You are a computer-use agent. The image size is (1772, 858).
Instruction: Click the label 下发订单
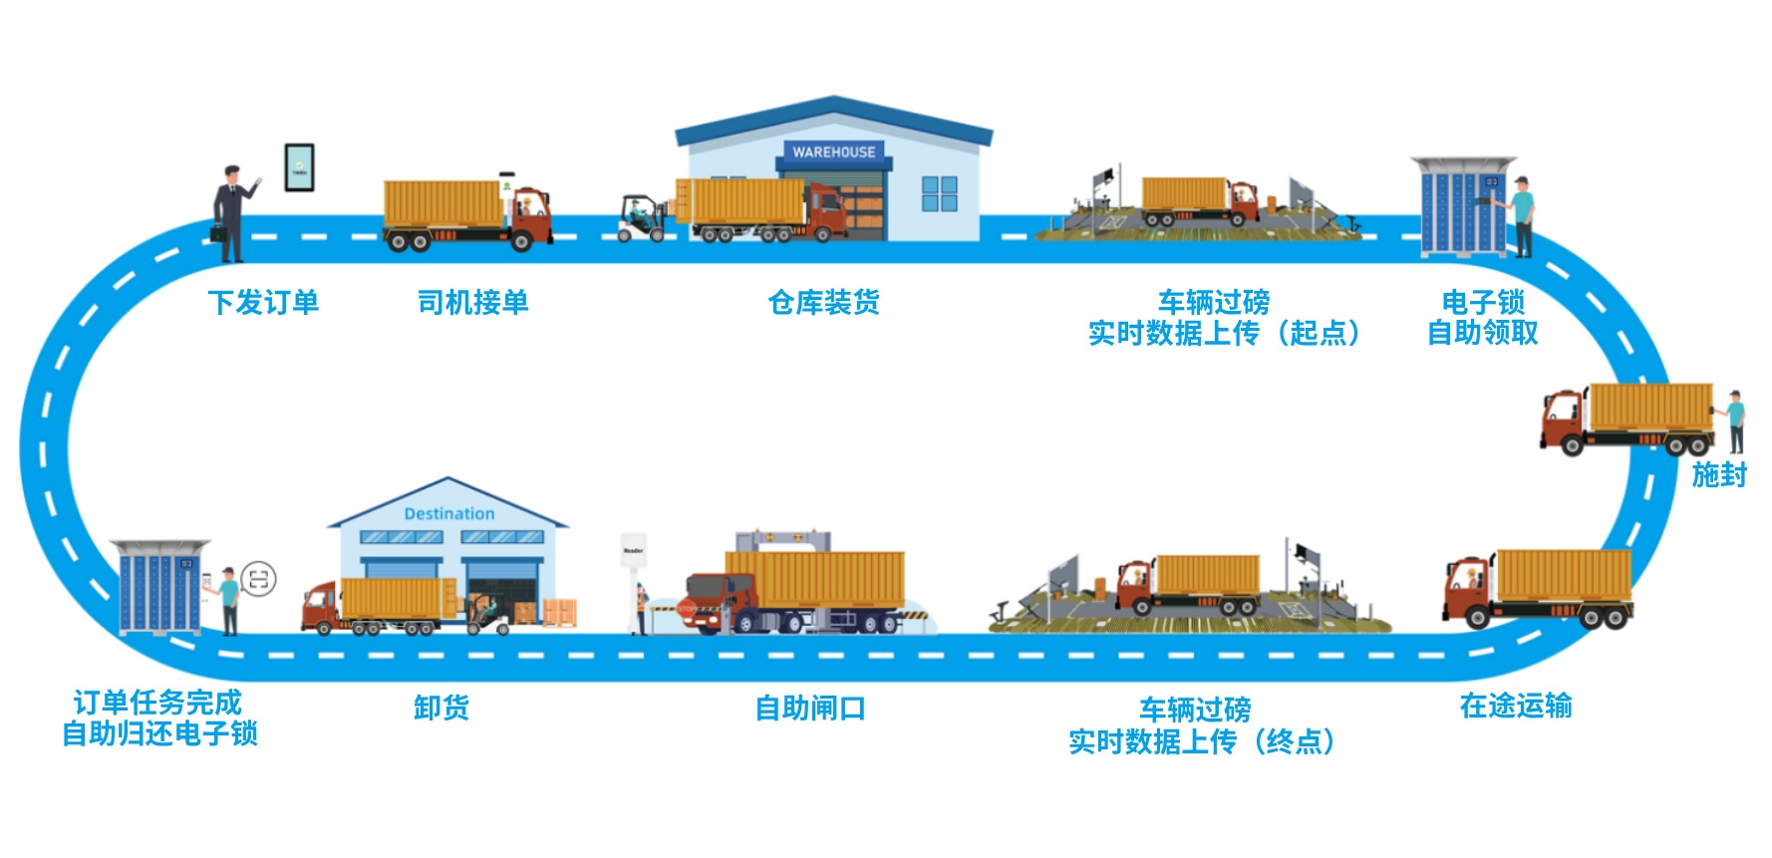coord(263,302)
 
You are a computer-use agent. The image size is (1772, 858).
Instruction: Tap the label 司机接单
coord(472,302)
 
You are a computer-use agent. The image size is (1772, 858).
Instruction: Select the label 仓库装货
coord(823,302)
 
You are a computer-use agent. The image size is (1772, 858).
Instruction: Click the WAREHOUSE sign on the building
coord(834,152)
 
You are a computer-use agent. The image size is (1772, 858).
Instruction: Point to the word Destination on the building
coord(449,514)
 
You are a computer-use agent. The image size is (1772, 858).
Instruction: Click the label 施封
coord(1719,474)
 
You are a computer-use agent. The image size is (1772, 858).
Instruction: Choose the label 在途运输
coord(1516,706)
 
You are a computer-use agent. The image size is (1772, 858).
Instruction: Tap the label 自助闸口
coord(810,709)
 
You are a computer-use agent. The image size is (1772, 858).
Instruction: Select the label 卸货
coord(442,708)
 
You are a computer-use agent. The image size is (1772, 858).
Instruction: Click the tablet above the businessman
coord(300,167)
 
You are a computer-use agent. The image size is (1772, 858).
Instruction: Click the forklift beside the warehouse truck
coord(643,218)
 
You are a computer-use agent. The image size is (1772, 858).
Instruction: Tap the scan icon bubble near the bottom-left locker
coord(258,579)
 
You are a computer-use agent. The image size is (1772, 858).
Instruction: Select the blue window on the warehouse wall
coord(939,194)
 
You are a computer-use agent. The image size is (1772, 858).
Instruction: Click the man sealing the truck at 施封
coord(1735,423)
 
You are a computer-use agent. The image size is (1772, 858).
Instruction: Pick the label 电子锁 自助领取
coord(1483,317)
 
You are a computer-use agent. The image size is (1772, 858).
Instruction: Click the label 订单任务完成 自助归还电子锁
coord(159,717)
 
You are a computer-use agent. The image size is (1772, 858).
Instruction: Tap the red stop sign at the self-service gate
coord(687,607)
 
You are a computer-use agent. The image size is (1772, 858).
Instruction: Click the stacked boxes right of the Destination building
coord(559,612)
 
